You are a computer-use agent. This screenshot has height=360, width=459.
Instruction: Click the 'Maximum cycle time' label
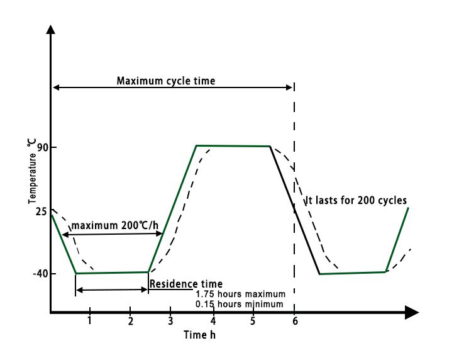166,81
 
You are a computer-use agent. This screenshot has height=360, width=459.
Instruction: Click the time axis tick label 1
90,321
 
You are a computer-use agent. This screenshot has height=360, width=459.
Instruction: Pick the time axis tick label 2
130,321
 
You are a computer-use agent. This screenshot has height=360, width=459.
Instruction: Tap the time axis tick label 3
170,321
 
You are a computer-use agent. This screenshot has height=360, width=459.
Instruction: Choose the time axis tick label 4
213,321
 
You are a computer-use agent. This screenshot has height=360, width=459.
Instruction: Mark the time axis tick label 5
253,321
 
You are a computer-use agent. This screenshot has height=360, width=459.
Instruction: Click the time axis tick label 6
294,321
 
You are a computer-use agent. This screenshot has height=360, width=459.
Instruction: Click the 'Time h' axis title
200,335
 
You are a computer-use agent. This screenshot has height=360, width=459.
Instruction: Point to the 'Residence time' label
185,284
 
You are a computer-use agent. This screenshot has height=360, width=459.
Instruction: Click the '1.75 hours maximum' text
240,295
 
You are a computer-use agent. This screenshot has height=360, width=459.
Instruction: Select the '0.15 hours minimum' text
240,304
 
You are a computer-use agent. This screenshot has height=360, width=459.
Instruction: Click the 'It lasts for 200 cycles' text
356,201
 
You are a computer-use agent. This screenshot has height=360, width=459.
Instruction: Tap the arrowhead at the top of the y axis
51,29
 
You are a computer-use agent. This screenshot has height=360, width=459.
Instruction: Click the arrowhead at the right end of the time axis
412,312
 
